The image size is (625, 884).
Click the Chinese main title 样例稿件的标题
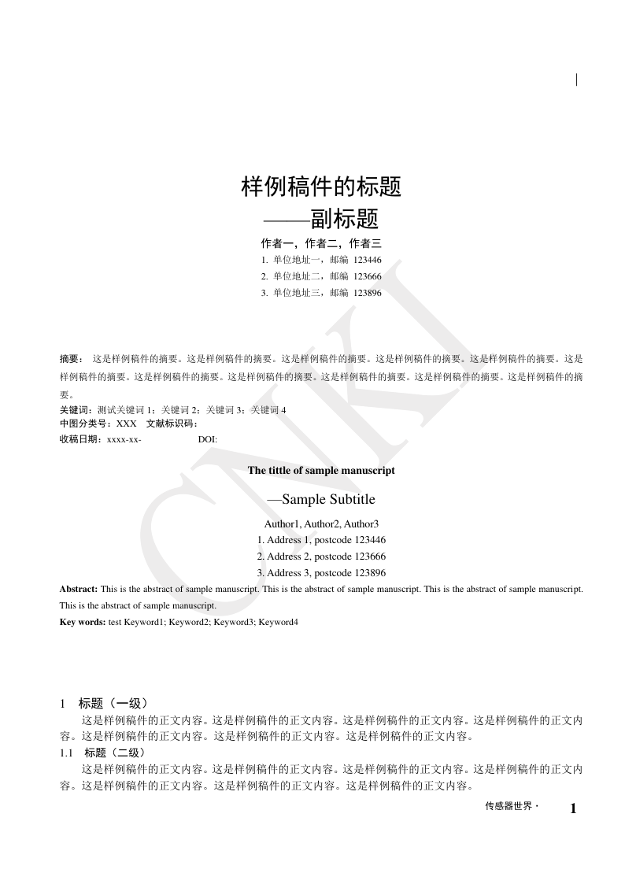(x=321, y=187)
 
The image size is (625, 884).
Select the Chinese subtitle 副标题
(x=344, y=218)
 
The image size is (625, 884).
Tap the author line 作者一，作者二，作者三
(x=321, y=243)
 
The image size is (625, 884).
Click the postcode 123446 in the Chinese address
(x=368, y=260)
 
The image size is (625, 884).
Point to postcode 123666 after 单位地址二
(x=368, y=276)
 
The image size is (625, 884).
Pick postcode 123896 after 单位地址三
(x=368, y=293)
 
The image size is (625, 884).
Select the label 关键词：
(x=75, y=409)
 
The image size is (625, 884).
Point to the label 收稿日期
(x=80, y=438)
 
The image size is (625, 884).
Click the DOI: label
(x=208, y=439)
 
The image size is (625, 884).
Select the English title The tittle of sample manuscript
(x=321, y=471)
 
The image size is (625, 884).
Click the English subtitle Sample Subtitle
(x=328, y=499)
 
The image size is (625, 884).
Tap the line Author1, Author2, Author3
(x=321, y=523)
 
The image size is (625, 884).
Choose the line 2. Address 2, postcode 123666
(x=321, y=557)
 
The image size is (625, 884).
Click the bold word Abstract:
(x=79, y=589)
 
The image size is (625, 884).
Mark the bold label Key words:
(x=83, y=622)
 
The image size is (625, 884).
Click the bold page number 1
(x=573, y=808)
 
